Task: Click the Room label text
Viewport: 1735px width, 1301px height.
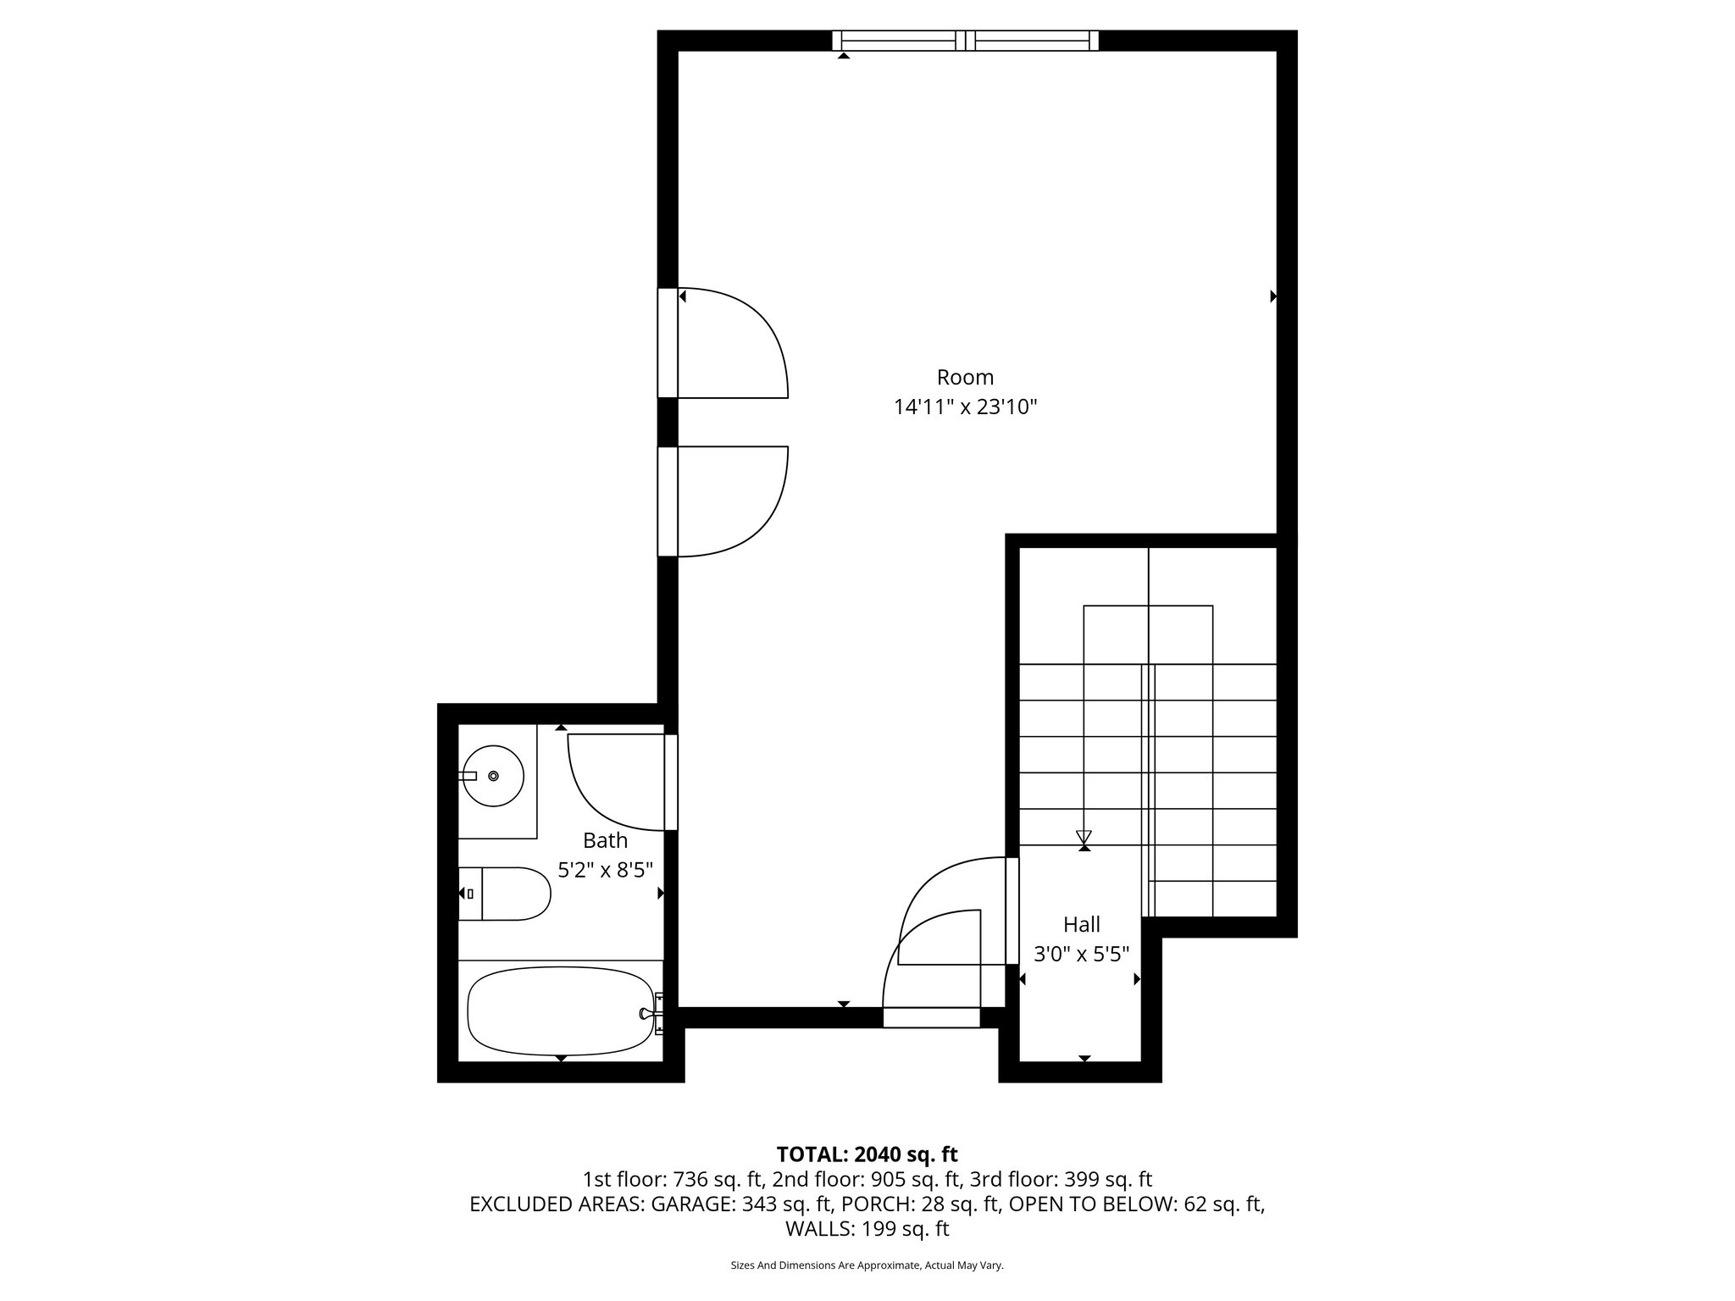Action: point(965,377)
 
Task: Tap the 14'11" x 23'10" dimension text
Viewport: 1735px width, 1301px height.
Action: point(965,407)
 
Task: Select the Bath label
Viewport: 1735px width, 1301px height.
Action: point(605,840)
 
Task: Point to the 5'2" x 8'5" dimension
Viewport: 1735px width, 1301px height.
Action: point(605,870)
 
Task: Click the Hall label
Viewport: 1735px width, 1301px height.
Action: point(1082,924)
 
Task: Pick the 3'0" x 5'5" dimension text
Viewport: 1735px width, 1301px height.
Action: point(1082,955)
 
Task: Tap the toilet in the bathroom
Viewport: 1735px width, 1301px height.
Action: point(506,894)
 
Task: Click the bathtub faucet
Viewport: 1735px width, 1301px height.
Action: point(651,1013)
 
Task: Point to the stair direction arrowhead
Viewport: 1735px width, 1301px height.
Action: point(1084,838)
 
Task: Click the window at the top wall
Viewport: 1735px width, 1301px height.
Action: point(965,40)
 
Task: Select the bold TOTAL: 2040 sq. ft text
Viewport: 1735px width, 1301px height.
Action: point(867,1154)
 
